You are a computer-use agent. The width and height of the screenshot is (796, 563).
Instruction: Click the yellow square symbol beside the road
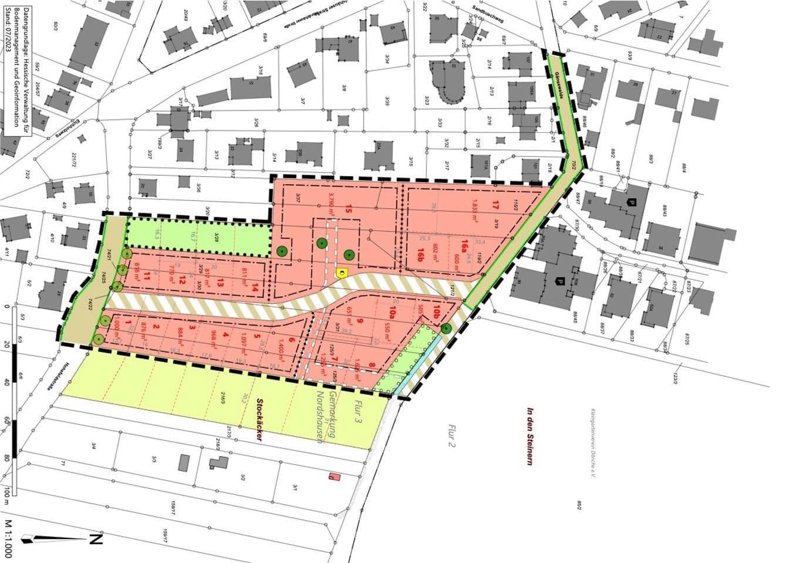(x=341, y=273)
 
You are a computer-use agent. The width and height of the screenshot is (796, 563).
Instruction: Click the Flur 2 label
(x=452, y=435)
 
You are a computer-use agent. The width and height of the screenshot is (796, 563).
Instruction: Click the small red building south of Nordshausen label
(x=335, y=477)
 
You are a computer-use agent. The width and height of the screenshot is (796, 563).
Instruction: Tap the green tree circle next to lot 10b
(x=447, y=329)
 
